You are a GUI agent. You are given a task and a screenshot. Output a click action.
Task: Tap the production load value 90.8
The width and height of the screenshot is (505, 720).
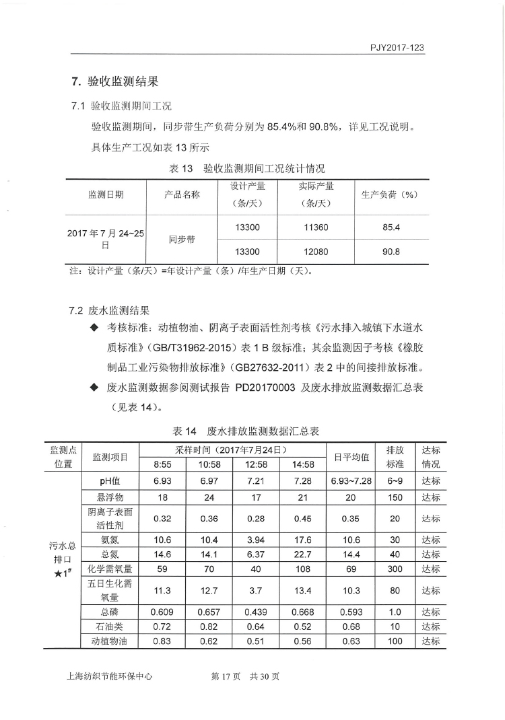pyautogui.click(x=391, y=252)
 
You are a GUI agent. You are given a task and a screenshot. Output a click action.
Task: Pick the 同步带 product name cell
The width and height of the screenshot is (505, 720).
pyautogui.click(x=182, y=240)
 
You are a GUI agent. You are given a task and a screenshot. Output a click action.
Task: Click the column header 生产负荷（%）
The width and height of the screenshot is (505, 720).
pyautogui.click(x=391, y=194)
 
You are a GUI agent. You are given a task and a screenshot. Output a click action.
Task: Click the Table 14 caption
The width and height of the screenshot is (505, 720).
pyautogui.click(x=246, y=431)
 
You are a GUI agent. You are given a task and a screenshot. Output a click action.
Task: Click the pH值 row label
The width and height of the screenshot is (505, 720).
pyautogui.click(x=110, y=480)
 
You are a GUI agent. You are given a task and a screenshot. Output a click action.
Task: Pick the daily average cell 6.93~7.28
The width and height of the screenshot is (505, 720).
pyautogui.click(x=351, y=480)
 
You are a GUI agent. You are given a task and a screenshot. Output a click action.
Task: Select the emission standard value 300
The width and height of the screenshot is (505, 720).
pyautogui.click(x=395, y=569)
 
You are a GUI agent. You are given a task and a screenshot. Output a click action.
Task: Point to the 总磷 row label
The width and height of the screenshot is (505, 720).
pyautogui.click(x=110, y=612)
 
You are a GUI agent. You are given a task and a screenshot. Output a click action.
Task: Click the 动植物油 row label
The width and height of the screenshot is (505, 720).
pyautogui.click(x=110, y=641)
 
